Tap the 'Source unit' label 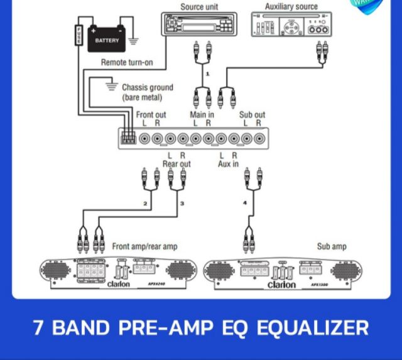[200, 7]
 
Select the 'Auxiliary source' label [291, 7]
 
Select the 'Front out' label [151, 115]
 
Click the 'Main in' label [202, 115]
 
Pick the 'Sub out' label [252, 115]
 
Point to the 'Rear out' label [177, 164]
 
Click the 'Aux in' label [228, 164]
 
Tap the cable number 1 [207, 74]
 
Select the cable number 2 [145, 204]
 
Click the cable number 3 [182, 204]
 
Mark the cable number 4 [245, 203]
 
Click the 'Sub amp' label [332, 247]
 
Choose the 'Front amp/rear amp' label [144, 247]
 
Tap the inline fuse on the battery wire [79, 35]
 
